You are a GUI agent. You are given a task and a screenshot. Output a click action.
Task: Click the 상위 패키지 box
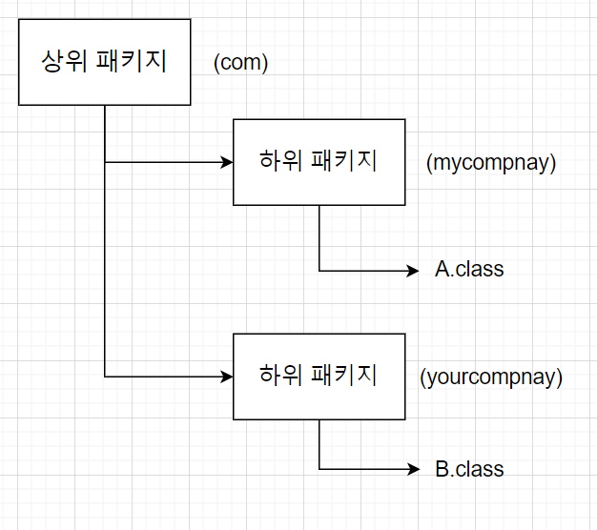[x=105, y=62]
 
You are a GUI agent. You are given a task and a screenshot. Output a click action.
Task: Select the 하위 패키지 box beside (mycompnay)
[x=319, y=162]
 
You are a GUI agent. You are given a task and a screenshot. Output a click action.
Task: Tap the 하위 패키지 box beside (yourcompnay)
[x=319, y=376]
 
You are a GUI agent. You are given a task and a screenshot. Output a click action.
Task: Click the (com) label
[x=241, y=63]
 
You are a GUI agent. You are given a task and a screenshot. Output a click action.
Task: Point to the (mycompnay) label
[x=491, y=163]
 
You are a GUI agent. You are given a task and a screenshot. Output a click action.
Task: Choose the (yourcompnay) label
[x=491, y=377]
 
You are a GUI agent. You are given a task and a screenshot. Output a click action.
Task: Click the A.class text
[x=469, y=270]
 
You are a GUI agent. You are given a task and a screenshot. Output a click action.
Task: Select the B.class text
[x=469, y=469]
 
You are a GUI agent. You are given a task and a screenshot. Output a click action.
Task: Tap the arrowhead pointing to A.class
[x=413, y=271]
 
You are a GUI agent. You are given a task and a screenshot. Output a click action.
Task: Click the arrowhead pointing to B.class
[x=413, y=469]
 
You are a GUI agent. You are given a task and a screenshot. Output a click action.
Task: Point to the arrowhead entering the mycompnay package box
[x=227, y=162]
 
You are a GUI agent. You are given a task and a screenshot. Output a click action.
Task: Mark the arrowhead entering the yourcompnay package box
[x=227, y=377]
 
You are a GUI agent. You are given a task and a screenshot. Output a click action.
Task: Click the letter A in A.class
[x=443, y=270]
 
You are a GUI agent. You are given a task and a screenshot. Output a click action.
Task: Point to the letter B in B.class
[x=443, y=469]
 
